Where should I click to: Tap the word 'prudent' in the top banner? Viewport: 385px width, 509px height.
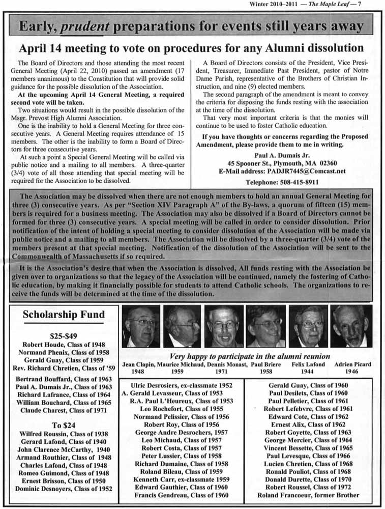click(x=83, y=26)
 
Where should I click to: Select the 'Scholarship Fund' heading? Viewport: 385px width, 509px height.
click(x=64, y=315)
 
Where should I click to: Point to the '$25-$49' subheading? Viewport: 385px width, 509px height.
click(x=64, y=336)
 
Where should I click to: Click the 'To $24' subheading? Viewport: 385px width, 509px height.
click(x=64, y=425)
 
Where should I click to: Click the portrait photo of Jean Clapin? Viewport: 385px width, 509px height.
click(x=141, y=326)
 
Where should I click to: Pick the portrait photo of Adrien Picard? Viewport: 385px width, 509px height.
click(x=351, y=326)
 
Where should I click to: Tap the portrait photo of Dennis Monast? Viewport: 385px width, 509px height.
click(x=224, y=326)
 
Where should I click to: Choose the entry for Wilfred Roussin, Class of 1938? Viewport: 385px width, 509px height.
click(x=64, y=434)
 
